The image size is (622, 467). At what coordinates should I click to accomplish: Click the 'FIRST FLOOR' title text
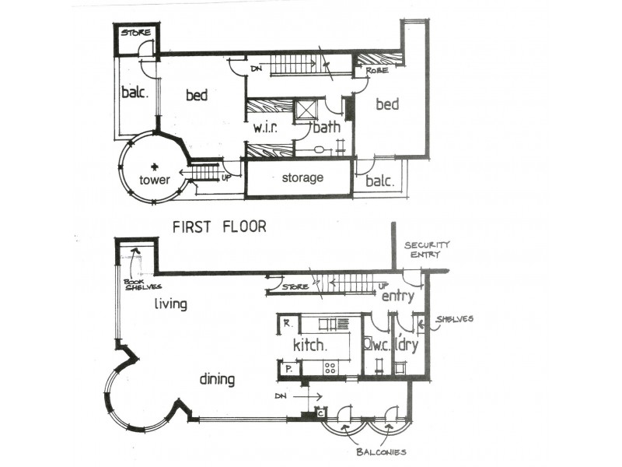[x=219, y=227]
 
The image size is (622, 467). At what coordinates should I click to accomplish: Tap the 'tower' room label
[x=155, y=180]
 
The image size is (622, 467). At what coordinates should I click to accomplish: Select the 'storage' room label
[x=302, y=178]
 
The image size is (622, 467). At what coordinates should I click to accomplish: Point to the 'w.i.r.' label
[x=266, y=127]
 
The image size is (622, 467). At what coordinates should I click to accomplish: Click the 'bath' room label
[x=326, y=127]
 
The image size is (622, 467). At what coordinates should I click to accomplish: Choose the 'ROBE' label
[x=366, y=71]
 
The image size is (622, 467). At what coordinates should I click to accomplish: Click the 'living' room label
[x=170, y=304]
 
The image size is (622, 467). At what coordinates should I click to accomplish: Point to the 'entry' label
[x=397, y=296]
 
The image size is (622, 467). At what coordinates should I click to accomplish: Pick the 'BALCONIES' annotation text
[x=380, y=452]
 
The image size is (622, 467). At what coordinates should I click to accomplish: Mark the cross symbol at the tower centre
[x=155, y=166]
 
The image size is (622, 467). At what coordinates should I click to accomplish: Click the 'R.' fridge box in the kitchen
[x=287, y=322]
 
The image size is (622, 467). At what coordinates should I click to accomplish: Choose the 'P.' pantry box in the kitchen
[x=287, y=369]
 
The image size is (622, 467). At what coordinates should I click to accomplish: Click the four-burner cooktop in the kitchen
[x=329, y=367]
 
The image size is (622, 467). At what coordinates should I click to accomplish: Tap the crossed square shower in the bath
[x=307, y=109]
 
